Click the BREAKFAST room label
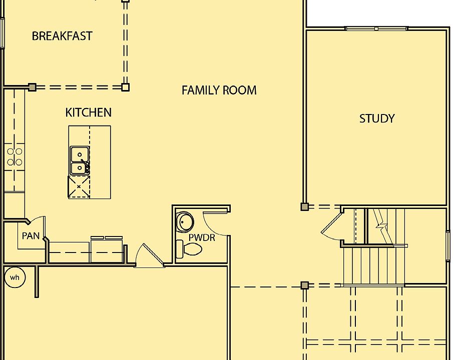tap(62, 36)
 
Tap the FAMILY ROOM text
tap(219, 90)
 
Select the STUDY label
tap(377, 118)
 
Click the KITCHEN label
tap(88, 112)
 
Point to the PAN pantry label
tap(31, 236)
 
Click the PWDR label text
tap(202, 237)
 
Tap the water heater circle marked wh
tap(15, 277)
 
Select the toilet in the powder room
tap(190, 248)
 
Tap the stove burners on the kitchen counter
tap(15, 156)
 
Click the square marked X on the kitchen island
tap(79, 186)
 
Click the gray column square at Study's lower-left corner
tap(304, 206)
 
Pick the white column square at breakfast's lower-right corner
tap(126, 87)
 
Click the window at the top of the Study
tap(376, 29)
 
